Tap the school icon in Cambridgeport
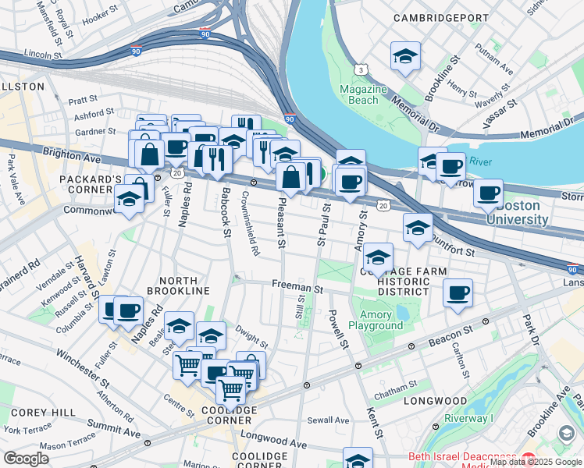406,56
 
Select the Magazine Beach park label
363,94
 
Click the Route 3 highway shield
361,70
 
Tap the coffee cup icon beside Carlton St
458,294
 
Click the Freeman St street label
297,287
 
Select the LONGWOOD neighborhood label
435,401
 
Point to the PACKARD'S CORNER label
87,179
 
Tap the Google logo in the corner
27,458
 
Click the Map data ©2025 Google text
535,462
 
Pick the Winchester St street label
82,367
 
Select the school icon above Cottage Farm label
379,257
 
